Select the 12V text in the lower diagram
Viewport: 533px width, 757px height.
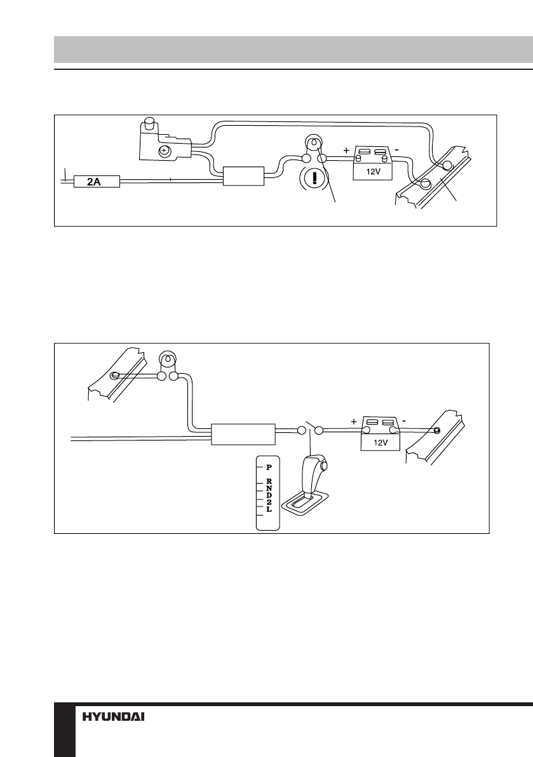coord(381,444)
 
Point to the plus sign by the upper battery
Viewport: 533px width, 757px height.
coord(346,151)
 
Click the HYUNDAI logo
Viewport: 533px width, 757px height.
coord(114,716)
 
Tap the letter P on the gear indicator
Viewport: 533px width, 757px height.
coord(269,466)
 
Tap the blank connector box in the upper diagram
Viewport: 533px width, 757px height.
coord(243,175)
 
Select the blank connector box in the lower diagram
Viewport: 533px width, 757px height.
coord(243,435)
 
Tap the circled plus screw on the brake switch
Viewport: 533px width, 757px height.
coord(164,151)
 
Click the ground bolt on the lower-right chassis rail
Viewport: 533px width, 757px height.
coord(436,430)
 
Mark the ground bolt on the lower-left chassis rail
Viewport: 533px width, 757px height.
coord(114,376)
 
